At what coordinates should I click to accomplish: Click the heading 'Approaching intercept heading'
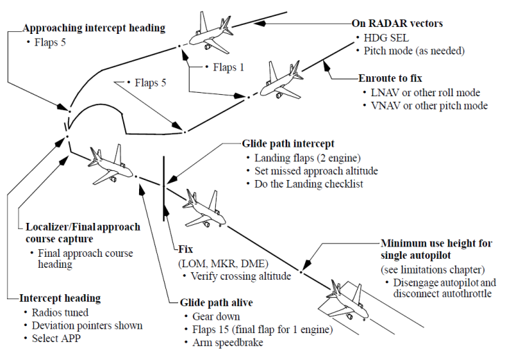pyautogui.click(x=94, y=28)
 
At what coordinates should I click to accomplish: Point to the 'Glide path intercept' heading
pyautogui.click(x=288, y=144)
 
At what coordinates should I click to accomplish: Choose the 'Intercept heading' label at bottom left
pyautogui.click(x=61, y=298)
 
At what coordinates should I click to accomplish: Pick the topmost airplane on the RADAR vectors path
pyautogui.click(x=212, y=26)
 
